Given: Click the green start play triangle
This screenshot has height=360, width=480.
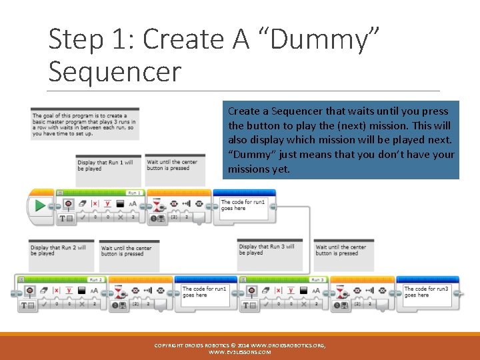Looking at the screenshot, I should coord(40,206).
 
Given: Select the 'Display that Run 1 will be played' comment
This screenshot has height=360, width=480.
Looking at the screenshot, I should coord(108,165).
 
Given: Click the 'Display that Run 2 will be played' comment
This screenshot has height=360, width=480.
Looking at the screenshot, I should coord(61,251).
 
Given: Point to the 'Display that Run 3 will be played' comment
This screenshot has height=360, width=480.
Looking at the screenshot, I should coord(270,249).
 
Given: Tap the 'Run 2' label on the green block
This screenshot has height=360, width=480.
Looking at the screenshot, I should coord(96,280).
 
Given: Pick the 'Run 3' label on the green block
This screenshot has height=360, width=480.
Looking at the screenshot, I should coord(317,280).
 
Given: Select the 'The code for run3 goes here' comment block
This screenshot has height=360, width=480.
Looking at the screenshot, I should coord(431,293).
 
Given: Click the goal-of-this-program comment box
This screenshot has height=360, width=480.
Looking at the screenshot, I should coord(84,125).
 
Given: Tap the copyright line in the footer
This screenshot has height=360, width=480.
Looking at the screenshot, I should coord(240,345).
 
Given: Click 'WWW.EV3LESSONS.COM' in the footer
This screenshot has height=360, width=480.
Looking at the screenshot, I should coord(240,352).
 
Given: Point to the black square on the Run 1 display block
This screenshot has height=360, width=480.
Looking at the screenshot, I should coord(120,203).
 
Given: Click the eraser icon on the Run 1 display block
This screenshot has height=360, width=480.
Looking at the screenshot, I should coord(83,203).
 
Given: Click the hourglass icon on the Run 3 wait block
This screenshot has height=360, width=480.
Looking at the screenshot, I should coord(341,291).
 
